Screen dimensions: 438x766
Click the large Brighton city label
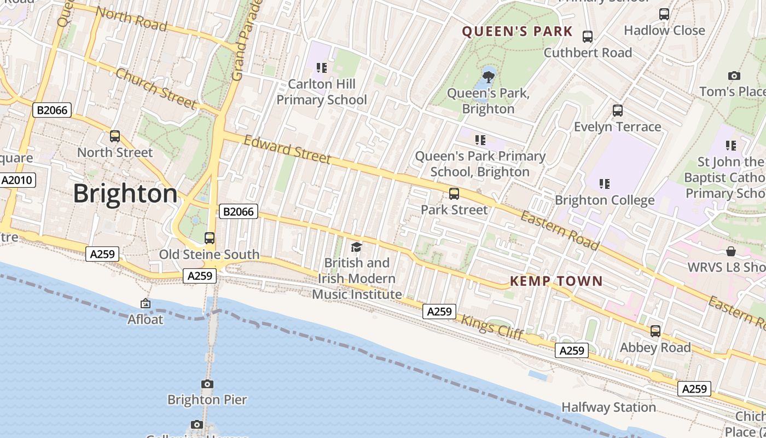(x=125, y=194)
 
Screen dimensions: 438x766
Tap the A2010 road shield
(x=18, y=180)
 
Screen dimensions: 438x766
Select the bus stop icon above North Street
(x=115, y=136)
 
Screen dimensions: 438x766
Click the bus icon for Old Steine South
(x=210, y=238)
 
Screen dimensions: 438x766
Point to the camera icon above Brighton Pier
(x=207, y=384)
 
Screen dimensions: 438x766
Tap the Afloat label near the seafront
(x=146, y=319)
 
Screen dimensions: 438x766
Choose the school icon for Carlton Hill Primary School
(x=322, y=68)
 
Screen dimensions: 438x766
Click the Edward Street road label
(x=287, y=149)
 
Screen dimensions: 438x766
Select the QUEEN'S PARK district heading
(x=517, y=31)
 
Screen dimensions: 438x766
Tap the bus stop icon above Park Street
(x=454, y=194)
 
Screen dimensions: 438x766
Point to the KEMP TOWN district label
(x=556, y=281)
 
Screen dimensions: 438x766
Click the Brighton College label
(x=605, y=200)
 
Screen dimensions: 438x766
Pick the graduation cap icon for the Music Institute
(x=356, y=247)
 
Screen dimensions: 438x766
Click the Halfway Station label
(x=608, y=407)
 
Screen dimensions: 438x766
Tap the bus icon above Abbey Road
(x=655, y=331)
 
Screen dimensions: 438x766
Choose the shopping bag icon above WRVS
(x=731, y=251)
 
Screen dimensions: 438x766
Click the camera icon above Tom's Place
(x=734, y=76)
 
